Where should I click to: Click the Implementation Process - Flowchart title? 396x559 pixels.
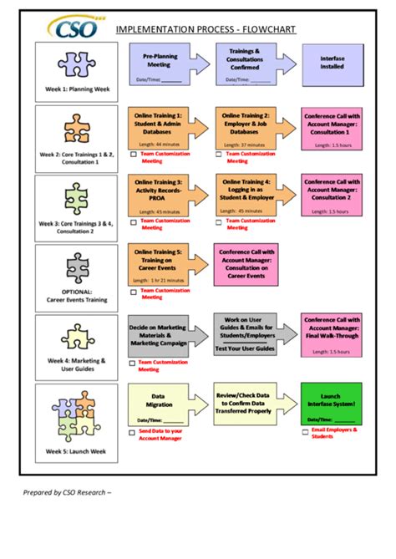[206, 30]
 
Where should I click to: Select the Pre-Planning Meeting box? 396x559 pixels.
[158, 65]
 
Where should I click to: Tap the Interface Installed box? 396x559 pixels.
[332, 65]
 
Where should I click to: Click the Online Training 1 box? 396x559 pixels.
[158, 126]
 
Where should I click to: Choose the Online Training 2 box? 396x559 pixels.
[246, 126]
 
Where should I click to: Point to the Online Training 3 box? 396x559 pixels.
[158, 196]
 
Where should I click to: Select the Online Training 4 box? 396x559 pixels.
[246, 196]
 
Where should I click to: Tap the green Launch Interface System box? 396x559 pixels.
[332, 403]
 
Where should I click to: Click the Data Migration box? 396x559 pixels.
[158, 403]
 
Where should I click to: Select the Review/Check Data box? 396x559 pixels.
[246, 403]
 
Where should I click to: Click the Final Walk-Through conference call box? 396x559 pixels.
[332, 333]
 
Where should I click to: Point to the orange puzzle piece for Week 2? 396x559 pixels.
[76, 130]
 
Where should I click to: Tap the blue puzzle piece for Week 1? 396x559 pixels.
[76, 62]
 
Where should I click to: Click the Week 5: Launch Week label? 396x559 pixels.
[76, 451]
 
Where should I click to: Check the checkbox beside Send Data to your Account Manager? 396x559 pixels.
[132, 432]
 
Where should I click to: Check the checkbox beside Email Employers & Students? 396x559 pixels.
[305, 432]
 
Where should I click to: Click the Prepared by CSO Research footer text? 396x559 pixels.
[66, 491]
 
